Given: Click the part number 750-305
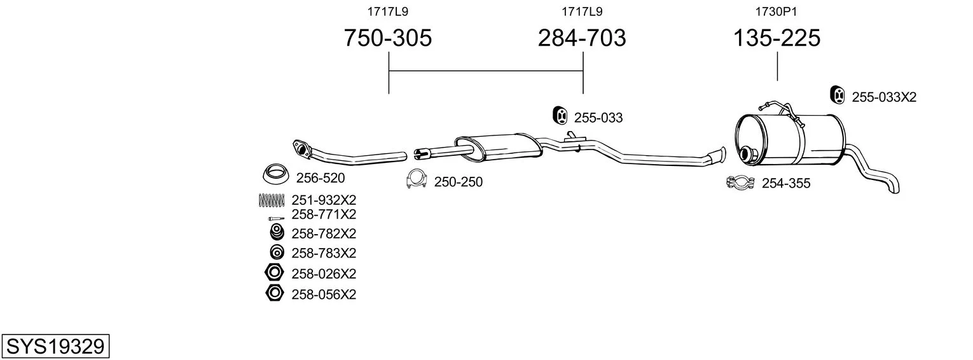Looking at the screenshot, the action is [388, 38].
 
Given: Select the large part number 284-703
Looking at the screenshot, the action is [582, 38].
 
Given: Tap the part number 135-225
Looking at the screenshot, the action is [776, 38].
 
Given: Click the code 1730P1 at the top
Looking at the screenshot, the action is [776, 11].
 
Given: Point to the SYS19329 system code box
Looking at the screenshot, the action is [55, 346].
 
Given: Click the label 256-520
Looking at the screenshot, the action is [320, 177].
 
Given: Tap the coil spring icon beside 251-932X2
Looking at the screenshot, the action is [272, 200].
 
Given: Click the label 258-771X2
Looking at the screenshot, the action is [324, 214].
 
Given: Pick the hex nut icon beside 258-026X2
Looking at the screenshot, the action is [274, 273].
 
